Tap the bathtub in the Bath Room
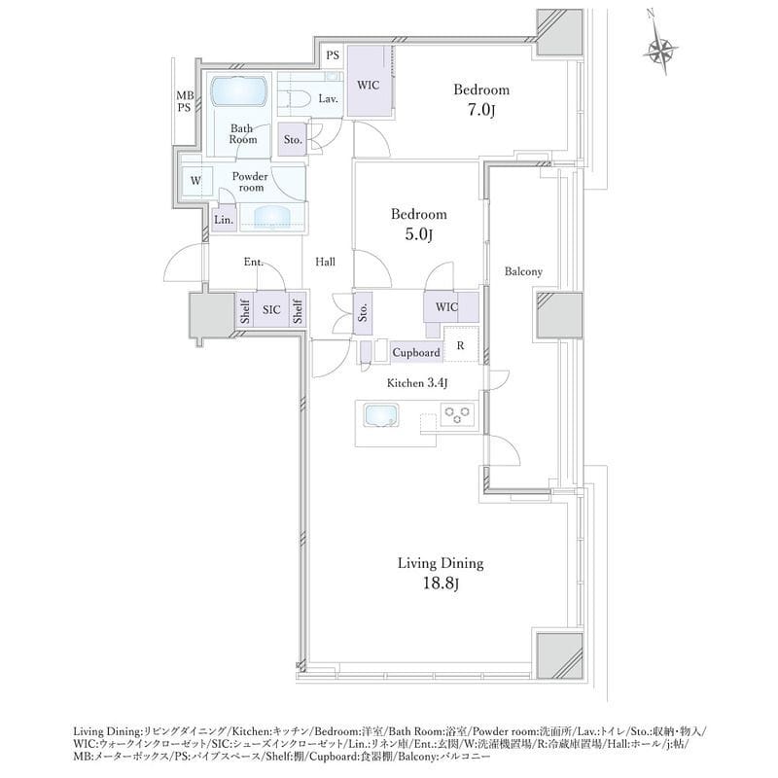(x=240, y=91)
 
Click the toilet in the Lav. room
(x=293, y=98)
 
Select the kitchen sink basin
(x=380, y=415)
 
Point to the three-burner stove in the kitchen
(x=457, y=414)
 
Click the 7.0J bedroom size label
(x=481, y=110)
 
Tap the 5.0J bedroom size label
(x=419, y=234)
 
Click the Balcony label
(x=523, y=271)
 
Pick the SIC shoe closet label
(x=271, y=309)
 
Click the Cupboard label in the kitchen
(x=416, y=352)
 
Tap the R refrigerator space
(x=461, y=344)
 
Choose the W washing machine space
(x=196, y=182)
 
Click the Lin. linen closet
(x=224, y=220)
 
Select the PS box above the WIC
(x=333, y=55)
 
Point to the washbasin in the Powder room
(x=271, y=216)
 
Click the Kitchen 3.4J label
(x=418, y=383)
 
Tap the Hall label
(x=326, y=262)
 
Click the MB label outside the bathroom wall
(x=185, y=95)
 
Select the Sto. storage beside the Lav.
(x=293, y=139)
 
